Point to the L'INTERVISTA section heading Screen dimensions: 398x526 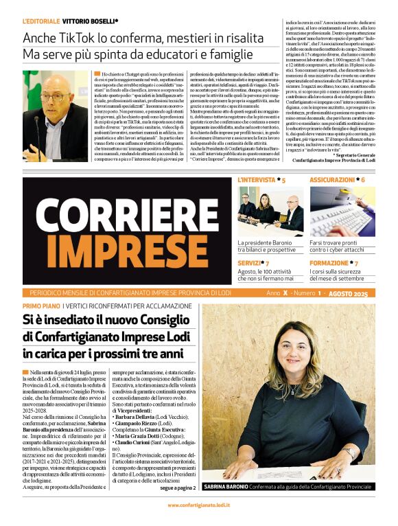pos(258,180)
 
